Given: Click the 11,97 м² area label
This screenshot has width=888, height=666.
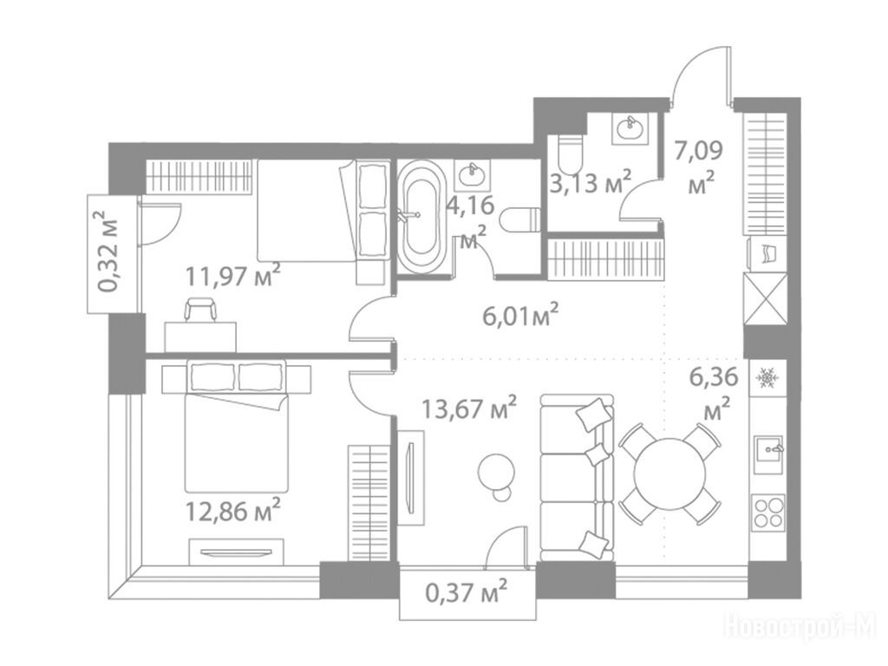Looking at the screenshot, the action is [233, 276].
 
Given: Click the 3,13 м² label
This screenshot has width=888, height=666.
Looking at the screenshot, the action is [590, 182].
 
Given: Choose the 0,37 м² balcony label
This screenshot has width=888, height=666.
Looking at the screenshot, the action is [466, 593].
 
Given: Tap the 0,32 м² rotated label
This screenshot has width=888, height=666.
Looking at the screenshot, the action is [109, 251].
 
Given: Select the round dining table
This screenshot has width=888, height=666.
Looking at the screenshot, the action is [670, 473].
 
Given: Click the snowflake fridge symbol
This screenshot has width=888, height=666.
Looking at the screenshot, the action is [767, 376].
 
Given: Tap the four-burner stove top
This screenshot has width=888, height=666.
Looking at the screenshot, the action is [768, 513].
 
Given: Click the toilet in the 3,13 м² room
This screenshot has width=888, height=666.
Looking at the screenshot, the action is [570, 154].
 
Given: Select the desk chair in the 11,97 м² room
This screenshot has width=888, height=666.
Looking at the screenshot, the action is [200, 311].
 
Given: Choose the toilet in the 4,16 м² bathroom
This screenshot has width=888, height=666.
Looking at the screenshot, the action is [519, 219].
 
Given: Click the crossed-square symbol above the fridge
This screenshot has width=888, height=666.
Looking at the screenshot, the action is [766, 298].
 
